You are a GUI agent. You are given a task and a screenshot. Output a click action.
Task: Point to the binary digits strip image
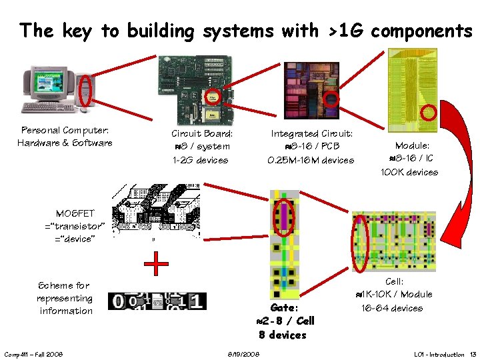(157, 301)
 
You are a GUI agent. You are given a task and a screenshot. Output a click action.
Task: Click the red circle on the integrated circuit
(331, 99)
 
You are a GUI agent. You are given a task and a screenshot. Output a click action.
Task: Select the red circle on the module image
(429, 112)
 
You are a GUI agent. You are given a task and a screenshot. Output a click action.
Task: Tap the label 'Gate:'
(284, 308)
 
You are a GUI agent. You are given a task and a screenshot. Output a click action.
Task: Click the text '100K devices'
(409, 172)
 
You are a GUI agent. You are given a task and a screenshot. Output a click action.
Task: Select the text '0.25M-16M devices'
(311, 160)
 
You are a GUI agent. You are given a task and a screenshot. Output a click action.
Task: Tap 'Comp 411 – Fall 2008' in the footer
(34, 354)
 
